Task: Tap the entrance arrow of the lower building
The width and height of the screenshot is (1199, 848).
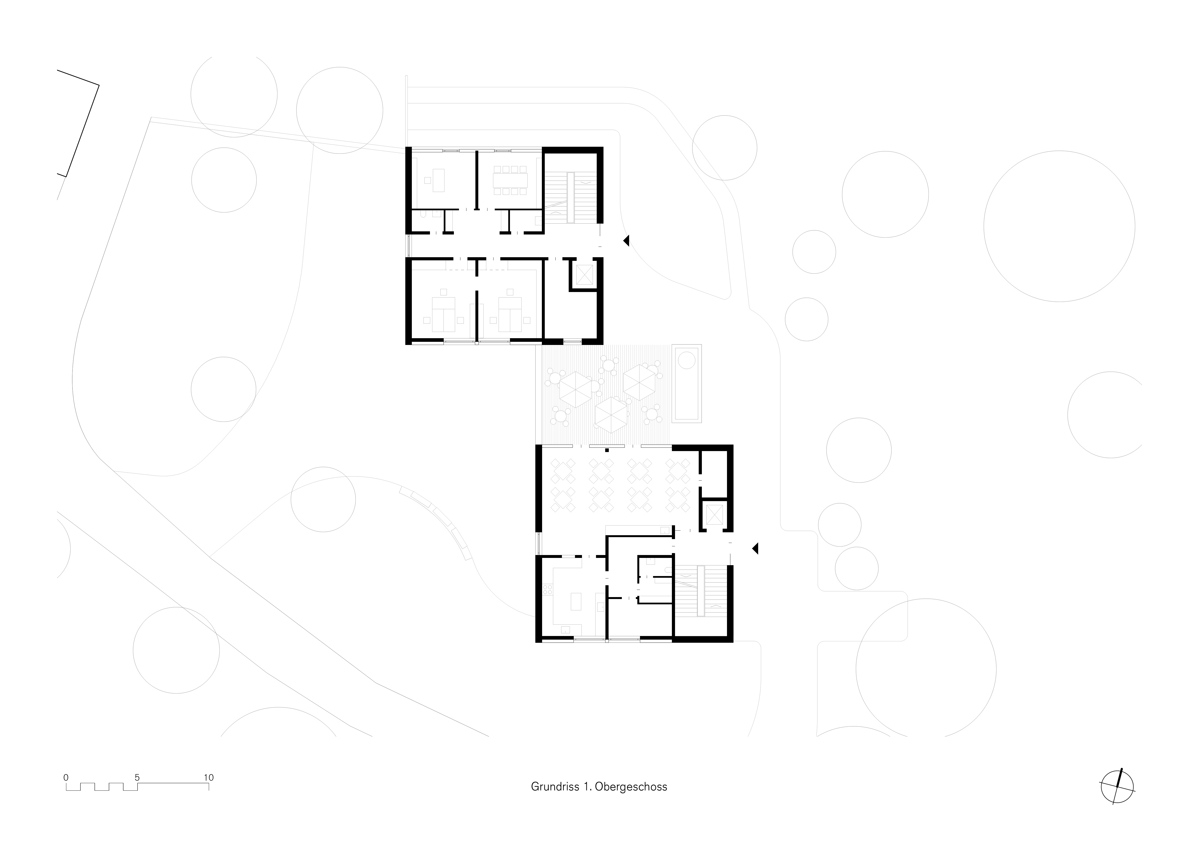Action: (x=755, y=548)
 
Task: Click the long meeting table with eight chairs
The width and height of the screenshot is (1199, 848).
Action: (x=510, y=180)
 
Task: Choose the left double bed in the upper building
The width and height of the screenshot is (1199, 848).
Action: (x=443, y=314)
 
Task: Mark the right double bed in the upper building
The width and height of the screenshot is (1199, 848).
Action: (x=510, y=314)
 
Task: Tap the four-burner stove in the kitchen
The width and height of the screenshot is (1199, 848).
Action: (x=548, y=590)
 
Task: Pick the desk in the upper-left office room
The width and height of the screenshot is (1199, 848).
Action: (x=438, y=180)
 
